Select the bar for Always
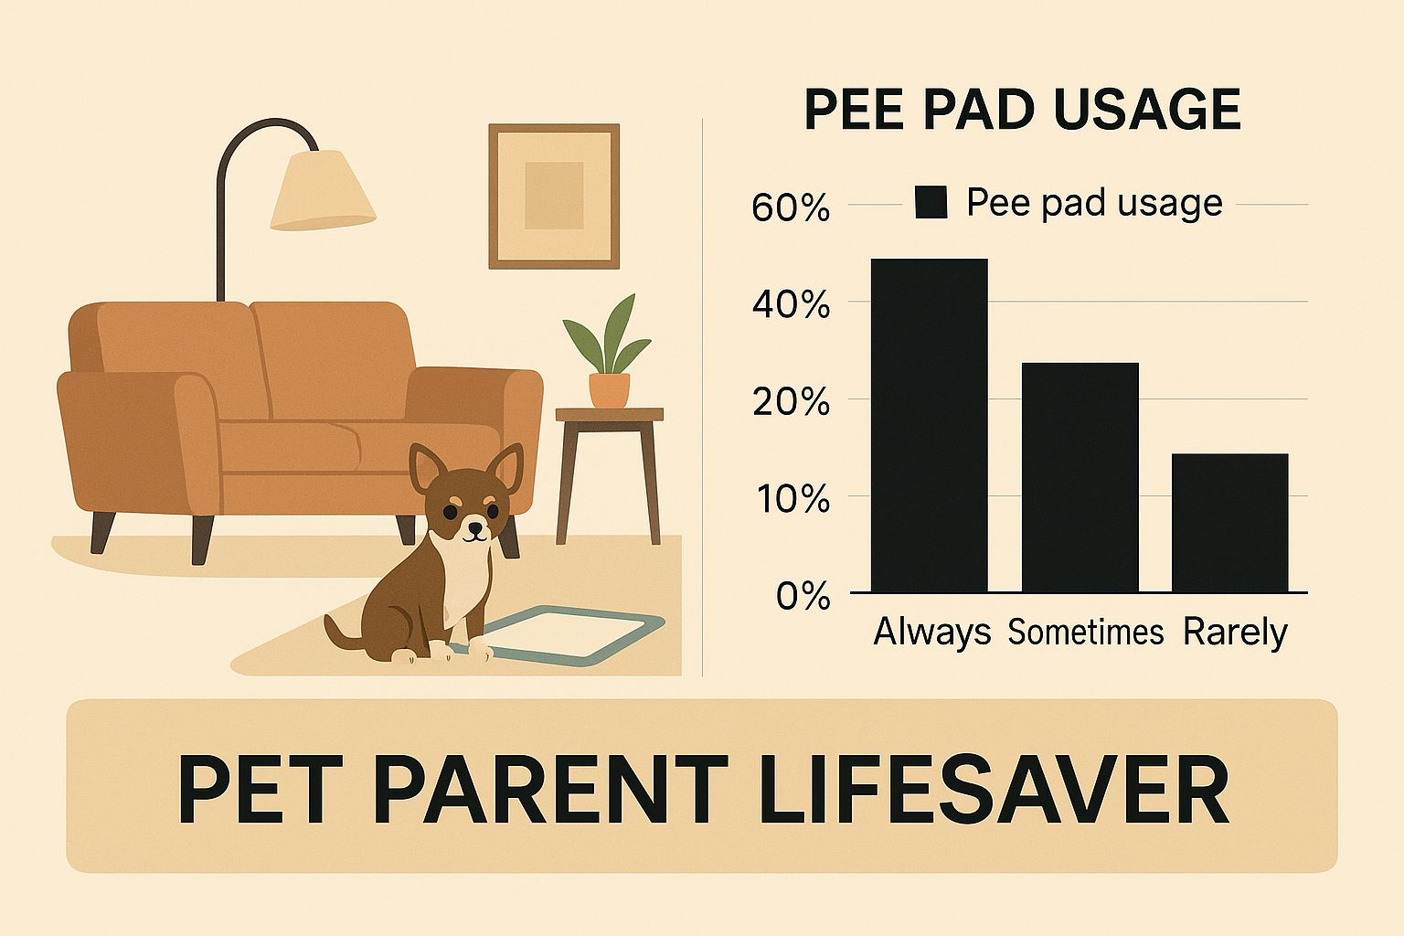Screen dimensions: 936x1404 929,425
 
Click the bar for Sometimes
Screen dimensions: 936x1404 1080,477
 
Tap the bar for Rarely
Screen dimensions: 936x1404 1229,523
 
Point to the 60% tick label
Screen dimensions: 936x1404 791,208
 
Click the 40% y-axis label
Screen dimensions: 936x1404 791,304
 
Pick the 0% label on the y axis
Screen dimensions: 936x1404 803,597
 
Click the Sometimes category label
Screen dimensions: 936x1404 1085,632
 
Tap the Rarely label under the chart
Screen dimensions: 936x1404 1234,632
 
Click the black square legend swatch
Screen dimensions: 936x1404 931,202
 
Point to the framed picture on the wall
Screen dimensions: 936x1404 554,196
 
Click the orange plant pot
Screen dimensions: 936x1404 609,389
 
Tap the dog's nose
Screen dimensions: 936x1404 474,526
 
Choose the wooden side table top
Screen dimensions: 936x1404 610,415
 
